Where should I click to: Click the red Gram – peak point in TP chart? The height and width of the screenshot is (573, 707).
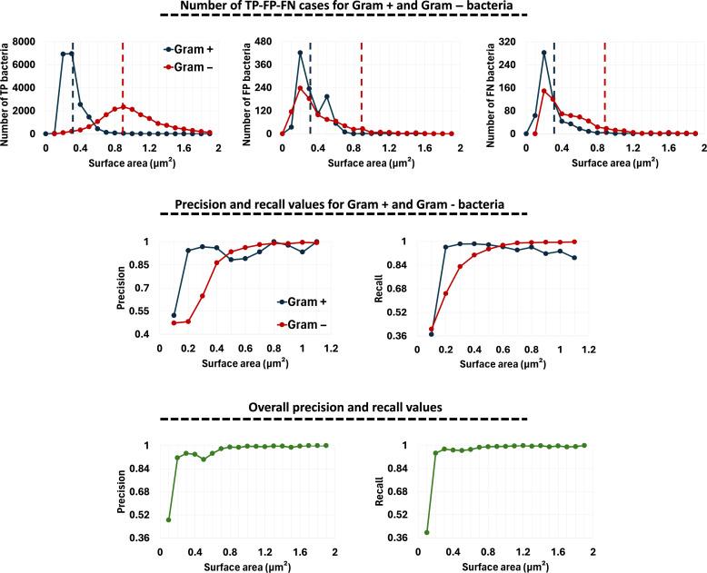[124, 106]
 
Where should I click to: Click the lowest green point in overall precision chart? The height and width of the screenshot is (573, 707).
[168, 519]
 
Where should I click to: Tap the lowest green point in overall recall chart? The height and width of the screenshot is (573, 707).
[426, 532]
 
